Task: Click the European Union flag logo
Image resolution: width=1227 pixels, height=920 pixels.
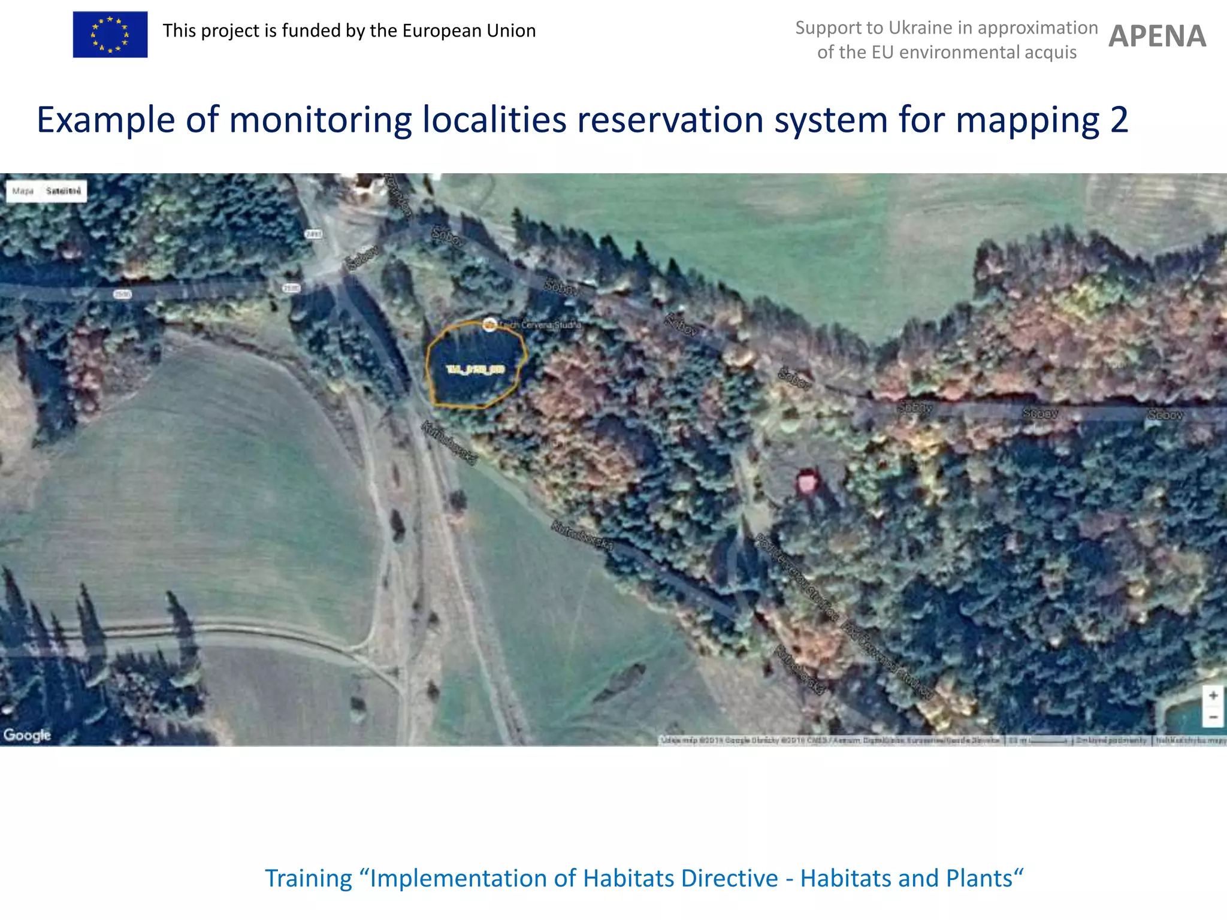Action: [x=110, y=35]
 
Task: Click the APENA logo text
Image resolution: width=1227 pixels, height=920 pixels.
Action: [x=1157, y=37]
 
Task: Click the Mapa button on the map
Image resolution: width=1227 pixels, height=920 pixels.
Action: [x=23, y=191]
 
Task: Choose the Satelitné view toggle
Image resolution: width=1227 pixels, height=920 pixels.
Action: [x=64, y=191]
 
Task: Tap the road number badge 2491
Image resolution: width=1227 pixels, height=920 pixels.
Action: [x=314, y=234]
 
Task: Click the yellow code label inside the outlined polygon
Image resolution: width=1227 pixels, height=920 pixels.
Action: [x=476, y=370]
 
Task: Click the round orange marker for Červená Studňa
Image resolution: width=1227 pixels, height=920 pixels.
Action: [x=489, y=325]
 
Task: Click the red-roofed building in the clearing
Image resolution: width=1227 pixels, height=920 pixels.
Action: [x=808, y=482]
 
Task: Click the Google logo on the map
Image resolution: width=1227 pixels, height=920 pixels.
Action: [x=27, y=735]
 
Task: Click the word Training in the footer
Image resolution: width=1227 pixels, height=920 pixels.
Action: [x=309, y=879]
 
